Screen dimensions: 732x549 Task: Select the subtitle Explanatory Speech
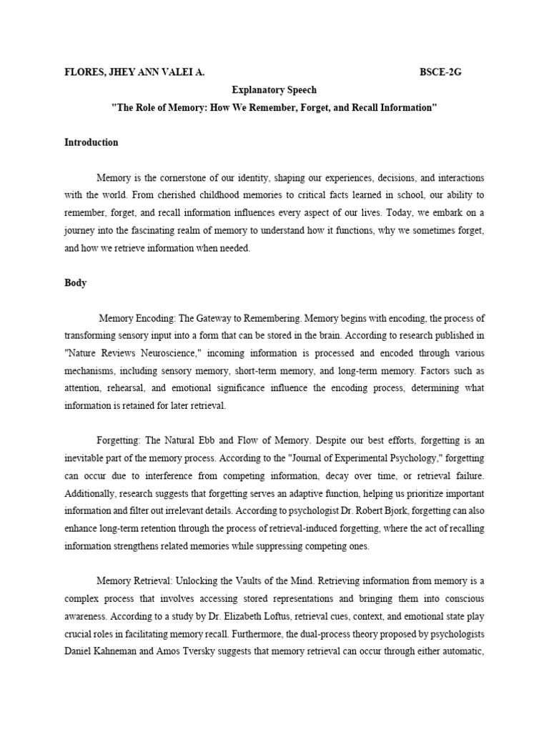[274, 90]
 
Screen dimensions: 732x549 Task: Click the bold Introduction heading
[91, 142]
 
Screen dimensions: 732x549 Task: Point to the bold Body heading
[76, 282]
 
